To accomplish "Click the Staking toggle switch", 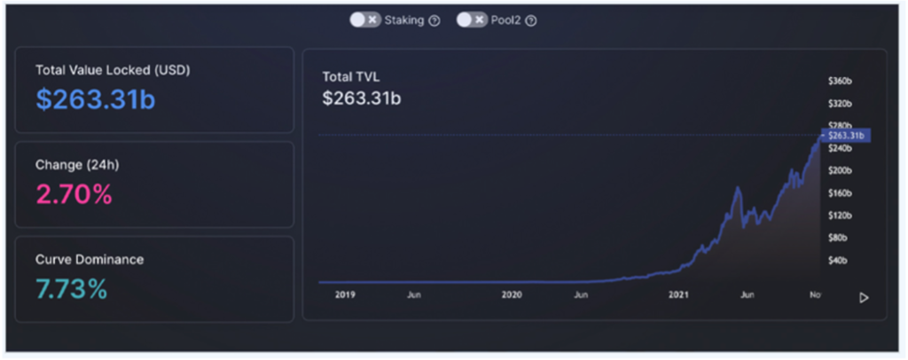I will (364, 20).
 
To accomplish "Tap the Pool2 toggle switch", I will (472, 20).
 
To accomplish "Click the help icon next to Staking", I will (434, 20).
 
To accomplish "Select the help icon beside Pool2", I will (531, 20).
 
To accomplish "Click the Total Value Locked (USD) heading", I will (113, 69).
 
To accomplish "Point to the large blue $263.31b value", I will (96, 99).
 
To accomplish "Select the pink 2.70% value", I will (74, 194).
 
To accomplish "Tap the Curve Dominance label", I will (90, 260).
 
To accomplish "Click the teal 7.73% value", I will (72, 289).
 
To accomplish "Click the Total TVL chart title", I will (350, 77).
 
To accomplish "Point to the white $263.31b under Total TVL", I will (361, 98).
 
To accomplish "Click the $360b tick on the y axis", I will (840, 80).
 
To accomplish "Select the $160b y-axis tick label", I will (840, 192).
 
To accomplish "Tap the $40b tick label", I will (837, 261).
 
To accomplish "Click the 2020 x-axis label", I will (512, 295).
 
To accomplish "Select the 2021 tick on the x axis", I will (679, 295).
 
